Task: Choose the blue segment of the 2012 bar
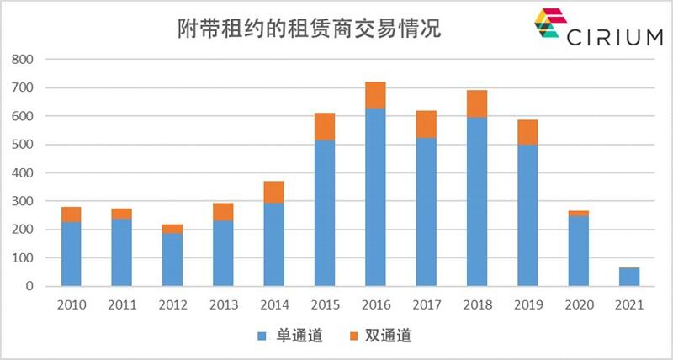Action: (172, 259)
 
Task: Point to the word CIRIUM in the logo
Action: (612, 39)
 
